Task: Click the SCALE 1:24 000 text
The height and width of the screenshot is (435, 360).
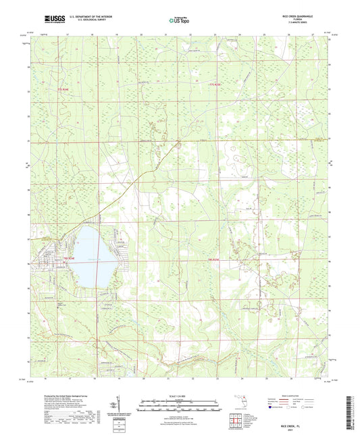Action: click(x=180, y=396)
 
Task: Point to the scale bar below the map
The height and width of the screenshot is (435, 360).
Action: click(x=180, y=407)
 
